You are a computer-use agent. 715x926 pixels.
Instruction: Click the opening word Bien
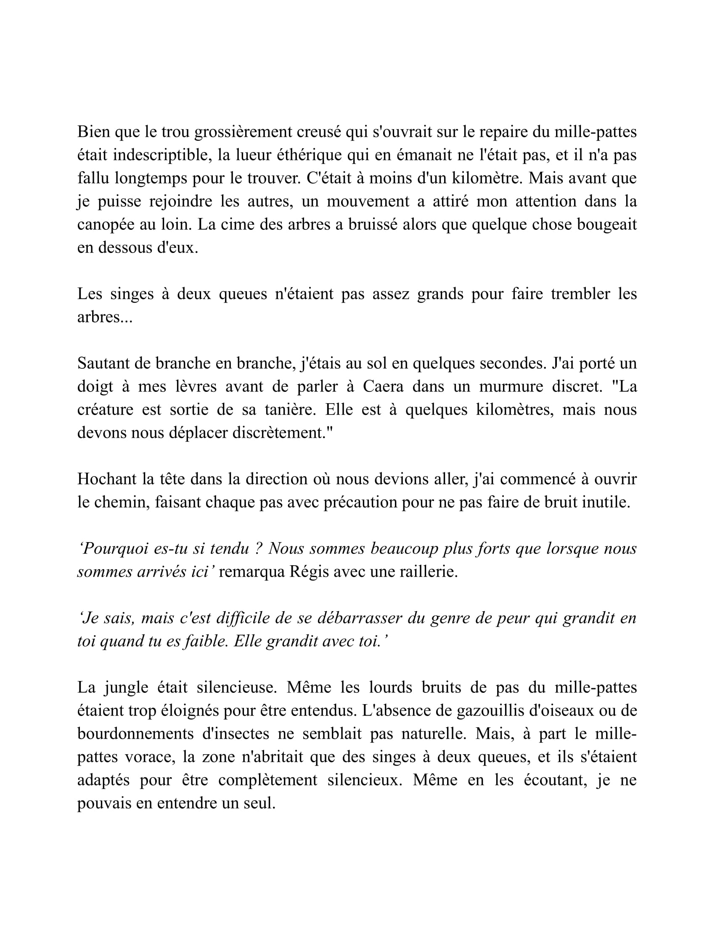[92, 132]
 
